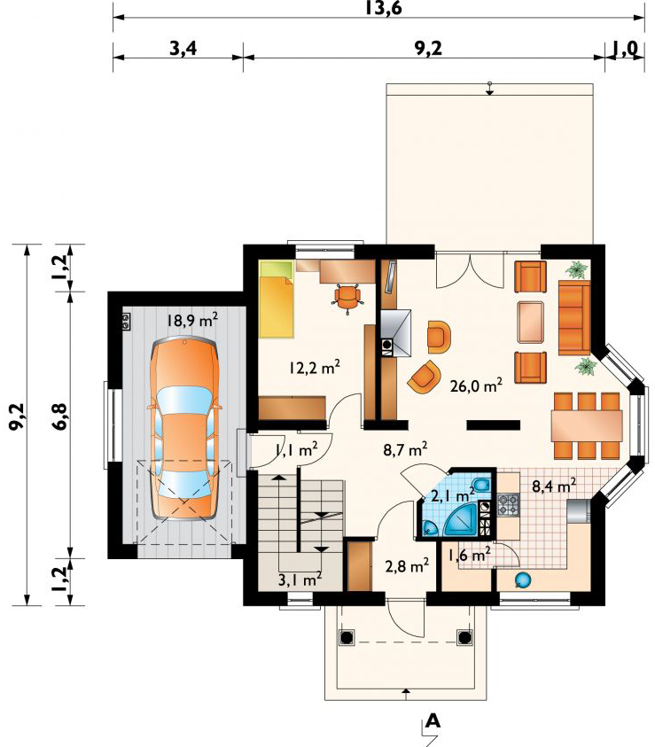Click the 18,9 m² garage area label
click(x=191, y=321)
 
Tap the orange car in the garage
click(x=184, y=425)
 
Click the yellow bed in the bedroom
click(x=276, y=299)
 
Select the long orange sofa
click(x=573, y=316)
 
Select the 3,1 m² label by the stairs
click(x=299, y=580)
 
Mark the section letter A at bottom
click(x=433, y=720)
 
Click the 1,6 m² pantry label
click(x=470, y=556)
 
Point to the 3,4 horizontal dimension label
click(x=183, y=49)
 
